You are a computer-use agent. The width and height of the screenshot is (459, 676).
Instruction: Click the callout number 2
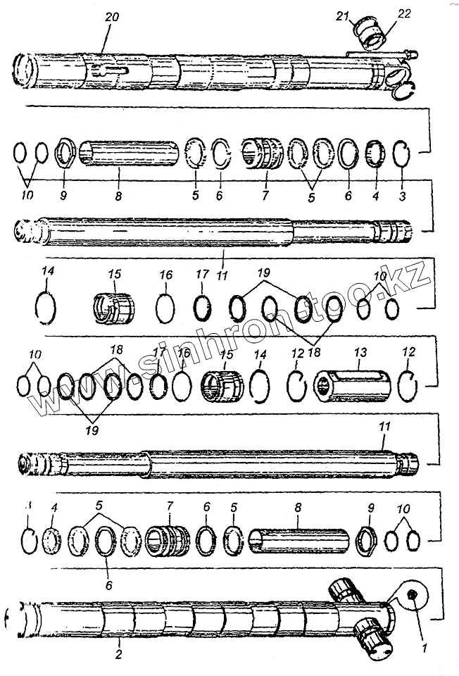(x=119, y=644)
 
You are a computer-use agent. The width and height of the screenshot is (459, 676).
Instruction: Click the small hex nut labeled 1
(x=413, y=597)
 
